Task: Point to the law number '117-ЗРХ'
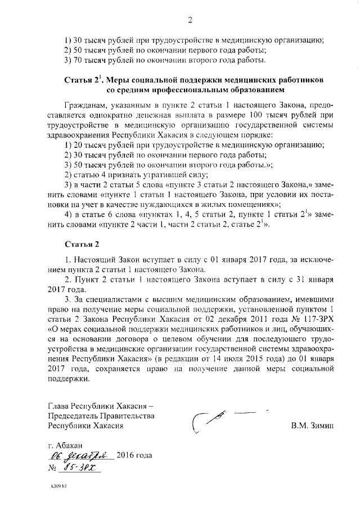point(304,317)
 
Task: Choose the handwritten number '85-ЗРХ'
point(82,467)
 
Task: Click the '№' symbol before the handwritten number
point(54,467)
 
